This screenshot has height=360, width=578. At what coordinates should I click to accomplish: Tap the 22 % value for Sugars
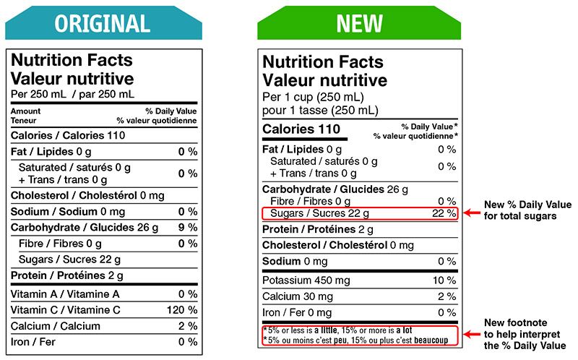click(x=444, y=213)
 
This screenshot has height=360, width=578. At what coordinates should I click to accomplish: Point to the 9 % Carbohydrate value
click(x=187, y=228)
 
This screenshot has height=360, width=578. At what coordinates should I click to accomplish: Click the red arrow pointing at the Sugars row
click(x=472, y=213)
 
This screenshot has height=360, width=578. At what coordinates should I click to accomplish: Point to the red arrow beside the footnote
click(x=472, y=335)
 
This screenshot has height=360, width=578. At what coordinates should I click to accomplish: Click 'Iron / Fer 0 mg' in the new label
click(x=297, y=313)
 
